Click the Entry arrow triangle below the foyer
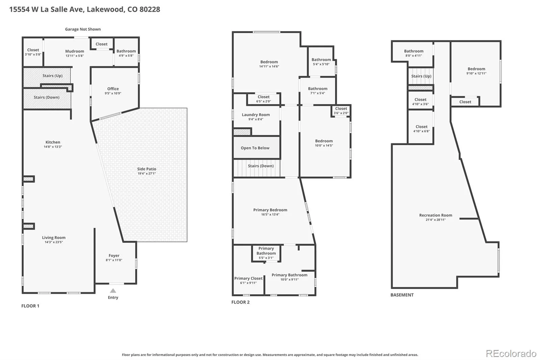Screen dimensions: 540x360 click(113, 290)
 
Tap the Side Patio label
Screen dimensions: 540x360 click(146, 169)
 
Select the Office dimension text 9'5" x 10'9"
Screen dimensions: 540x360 click(113, 94)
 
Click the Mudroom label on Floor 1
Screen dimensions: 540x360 click(75, 51)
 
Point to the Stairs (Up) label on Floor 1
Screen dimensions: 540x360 click(53, 76)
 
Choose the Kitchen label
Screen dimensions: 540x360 click(53, 142)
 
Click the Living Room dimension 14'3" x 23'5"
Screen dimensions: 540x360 click(54, 242)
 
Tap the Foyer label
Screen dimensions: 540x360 click(114, 256)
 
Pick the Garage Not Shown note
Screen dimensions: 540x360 click(83, 29)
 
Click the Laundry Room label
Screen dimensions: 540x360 click(256, 115)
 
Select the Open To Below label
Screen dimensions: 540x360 click(255, 148)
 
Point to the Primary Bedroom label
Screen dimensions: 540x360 click(270, 210)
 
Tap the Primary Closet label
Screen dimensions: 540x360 click(248, 279)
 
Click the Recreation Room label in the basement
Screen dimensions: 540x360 click(436, 215)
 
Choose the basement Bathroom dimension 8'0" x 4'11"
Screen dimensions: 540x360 click(414, 56)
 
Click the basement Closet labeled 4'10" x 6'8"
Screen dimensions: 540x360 click(422, 129)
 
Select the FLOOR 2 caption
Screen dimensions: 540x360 click(240, 302)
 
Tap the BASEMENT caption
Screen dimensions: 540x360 click(402, 295)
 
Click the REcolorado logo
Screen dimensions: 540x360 click(511, 354)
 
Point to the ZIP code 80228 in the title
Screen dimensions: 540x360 click(150, 9)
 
